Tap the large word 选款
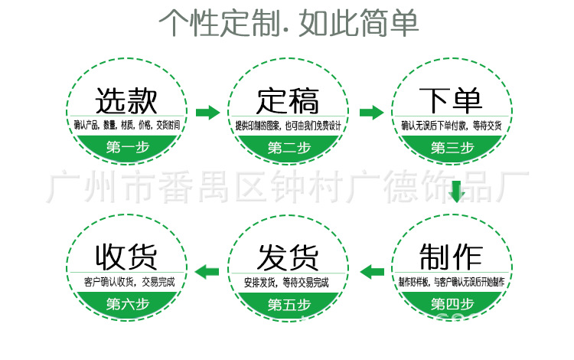coord(126,100)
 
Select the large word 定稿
coord(288,100)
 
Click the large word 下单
coord(451,100)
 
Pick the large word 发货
coord(288,255)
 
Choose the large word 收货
coord(126,255)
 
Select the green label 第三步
coord(452,147)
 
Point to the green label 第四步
coord(452,304)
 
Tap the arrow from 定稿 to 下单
coord(371,113)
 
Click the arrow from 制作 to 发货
coord(372,270)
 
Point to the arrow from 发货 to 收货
coord(207,270)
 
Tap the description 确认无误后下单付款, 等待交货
coord(452,126)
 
